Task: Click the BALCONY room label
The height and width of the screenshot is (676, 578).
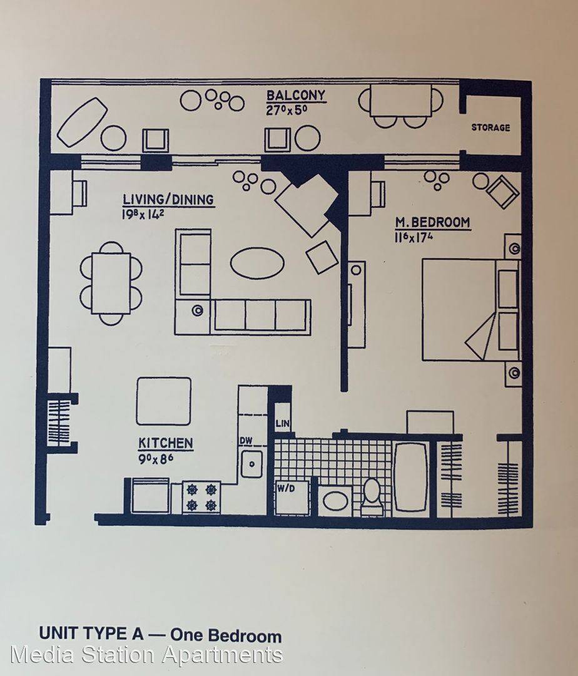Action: pyautogui.click(x=295, y=95)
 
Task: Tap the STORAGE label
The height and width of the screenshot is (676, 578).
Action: pyautogui.click(x=490, y=128)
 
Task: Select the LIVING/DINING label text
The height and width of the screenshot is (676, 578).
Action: pyautogui.click(x=168, y=200)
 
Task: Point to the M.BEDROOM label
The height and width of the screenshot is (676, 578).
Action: pyautogui.click(x=433, y=222)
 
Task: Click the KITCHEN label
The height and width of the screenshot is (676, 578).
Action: pyautogui.click(x=166, y=443)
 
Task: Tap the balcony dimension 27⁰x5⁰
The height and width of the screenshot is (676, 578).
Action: pyautogui.click(x=286, y=110)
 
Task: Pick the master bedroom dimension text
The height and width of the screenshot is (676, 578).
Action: pyautogui.click(x=413, y=237)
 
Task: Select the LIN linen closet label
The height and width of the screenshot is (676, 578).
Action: pyautogui.click(x=283, y=423)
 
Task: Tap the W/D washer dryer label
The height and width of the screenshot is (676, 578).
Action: pyautogui.click(x=286, y=489)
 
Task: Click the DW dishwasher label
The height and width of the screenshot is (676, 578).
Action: pyautogui.click(x=246, y=441)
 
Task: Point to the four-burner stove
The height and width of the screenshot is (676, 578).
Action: pyautogui.click(x=201, y=497)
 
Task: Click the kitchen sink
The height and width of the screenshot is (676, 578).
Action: pyautogui.click(x=251, y=464)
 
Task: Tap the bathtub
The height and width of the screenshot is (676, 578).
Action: pyautogui.click(x=412, y=476)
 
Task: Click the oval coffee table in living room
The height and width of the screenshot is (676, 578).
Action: pyautogui.click(x=257, y=263)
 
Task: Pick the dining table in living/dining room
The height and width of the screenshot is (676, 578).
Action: pyautogui.click(x=111, y=284)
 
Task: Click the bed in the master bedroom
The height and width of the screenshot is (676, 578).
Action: pyautogui.click(x=471, y=310)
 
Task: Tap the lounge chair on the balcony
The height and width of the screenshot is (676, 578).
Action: pyautogui.click(x=83, y=122)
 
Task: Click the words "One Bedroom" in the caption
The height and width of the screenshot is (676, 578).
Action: pyautogui.click(x=226, y=635)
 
